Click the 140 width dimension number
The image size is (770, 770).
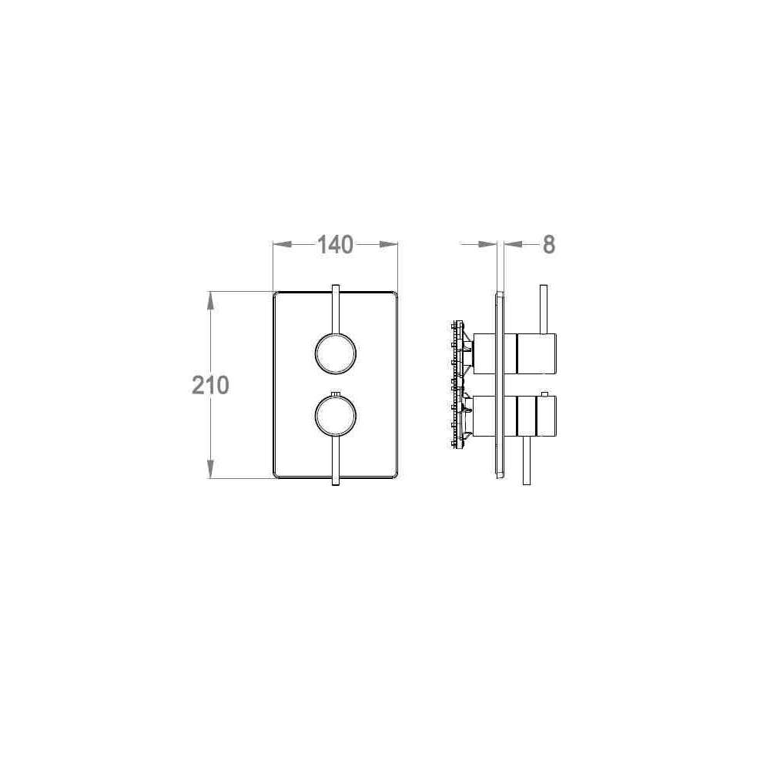click(336, 245)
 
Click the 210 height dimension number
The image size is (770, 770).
click(210, 385)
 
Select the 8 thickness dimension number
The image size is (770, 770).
click(549, 245)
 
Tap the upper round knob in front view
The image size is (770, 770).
click(336, 353)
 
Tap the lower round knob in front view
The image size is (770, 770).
click(336, 416)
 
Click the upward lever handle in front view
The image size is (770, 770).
click(336, 310)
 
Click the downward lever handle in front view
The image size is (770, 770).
click(336, 460)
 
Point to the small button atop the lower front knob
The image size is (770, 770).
click(336, 393)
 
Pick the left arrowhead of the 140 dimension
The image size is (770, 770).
click(283, 244)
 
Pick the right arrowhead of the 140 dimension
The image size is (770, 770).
click(388, 244)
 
